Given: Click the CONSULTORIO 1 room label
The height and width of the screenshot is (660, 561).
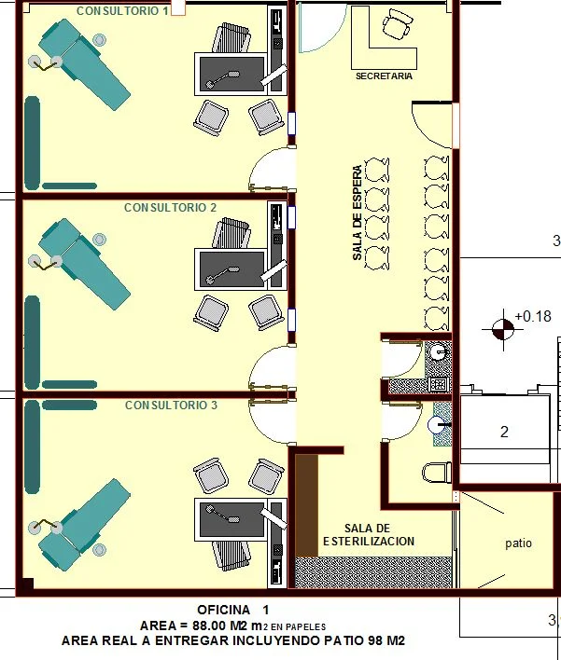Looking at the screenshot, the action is [x=122, y=11].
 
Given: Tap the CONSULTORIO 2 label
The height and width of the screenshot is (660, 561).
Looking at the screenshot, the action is [x=170, y=208].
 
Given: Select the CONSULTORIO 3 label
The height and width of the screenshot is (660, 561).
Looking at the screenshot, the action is [x=171, y=405].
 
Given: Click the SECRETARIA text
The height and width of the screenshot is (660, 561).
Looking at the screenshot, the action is [x=384, y=76].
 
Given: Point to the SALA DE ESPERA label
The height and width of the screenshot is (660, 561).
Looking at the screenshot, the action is [x=357, y=213].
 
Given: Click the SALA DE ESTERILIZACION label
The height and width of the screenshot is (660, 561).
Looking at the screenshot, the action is [x=369, y=534].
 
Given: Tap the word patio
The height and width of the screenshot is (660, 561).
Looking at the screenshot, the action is [x=518, y=543].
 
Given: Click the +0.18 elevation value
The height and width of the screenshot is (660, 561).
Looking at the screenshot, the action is [x=533, y=316].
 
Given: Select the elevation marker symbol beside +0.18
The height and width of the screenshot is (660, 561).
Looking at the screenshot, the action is [x=503, y=329].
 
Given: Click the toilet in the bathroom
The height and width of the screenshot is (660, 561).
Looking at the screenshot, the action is [x=437, y=473].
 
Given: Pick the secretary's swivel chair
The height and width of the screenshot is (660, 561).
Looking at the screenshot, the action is [x=398, y=24].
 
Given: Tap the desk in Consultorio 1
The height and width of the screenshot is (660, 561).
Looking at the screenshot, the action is [x=231, y=74].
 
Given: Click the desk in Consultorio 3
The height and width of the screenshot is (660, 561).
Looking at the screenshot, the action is [x=231, y=519].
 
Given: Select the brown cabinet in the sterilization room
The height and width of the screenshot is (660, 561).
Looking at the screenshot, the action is [x=307, y=505].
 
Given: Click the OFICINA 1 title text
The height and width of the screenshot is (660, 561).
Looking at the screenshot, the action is [x=232, y=610].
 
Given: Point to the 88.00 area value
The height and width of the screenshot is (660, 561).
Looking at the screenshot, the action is [x=209, y=626].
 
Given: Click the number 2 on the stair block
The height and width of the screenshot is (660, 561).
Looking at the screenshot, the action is [x=504, y=432].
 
